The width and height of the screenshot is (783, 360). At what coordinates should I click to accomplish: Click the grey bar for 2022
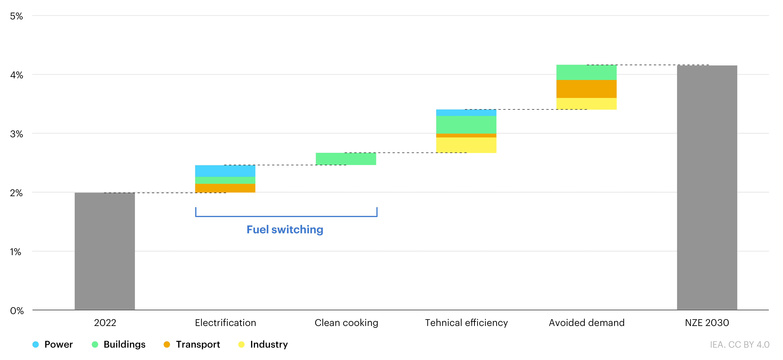(105, 251)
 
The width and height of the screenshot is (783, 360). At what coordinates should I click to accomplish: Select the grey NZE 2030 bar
(707, 188)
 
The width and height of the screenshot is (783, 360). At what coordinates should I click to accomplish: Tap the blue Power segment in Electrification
(225, 171)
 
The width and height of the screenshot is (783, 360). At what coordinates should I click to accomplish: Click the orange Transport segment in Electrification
(225, 188)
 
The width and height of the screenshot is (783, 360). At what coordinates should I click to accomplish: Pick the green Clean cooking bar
(346, 159)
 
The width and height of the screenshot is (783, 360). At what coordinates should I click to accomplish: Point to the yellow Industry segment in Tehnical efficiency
(466, 145)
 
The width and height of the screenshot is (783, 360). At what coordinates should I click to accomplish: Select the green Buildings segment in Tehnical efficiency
(466, 125)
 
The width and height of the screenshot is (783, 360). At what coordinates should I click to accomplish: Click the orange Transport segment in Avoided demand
(586, 89)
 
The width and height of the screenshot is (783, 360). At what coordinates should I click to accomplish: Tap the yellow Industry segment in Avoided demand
(586, 104)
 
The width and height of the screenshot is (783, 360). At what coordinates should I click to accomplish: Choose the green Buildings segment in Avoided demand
(586, 72)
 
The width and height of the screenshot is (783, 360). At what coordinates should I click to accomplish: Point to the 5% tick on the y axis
(16, 16)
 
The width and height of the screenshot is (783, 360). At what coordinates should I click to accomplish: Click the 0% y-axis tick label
(17, 311)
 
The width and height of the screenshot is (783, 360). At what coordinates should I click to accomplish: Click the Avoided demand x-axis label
(587, 323)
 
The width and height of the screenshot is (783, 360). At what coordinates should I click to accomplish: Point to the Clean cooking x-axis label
(346, 323)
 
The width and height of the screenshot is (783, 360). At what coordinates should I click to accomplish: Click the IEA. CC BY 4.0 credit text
(740, 345)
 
